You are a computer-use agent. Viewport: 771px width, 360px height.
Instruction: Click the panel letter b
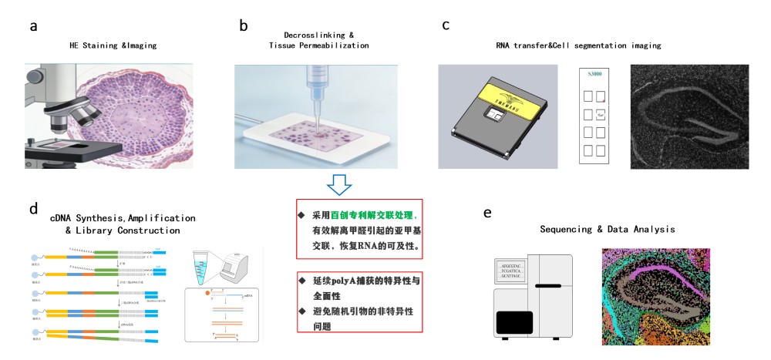pyautogui.click(x=244, y=26)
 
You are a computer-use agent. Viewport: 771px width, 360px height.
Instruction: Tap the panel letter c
pyautogui.click(x=446, y=25)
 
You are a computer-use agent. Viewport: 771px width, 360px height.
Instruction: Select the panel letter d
pyautogui.click(x=33, y=209)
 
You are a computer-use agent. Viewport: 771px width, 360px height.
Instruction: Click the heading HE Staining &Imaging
pyautogui.click(x=113, y=45)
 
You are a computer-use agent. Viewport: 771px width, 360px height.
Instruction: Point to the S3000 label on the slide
pyautogui.click(x=594, y=75)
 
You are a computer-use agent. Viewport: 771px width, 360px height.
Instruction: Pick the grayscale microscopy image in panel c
pyautogui.click(x=690, y=116)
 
